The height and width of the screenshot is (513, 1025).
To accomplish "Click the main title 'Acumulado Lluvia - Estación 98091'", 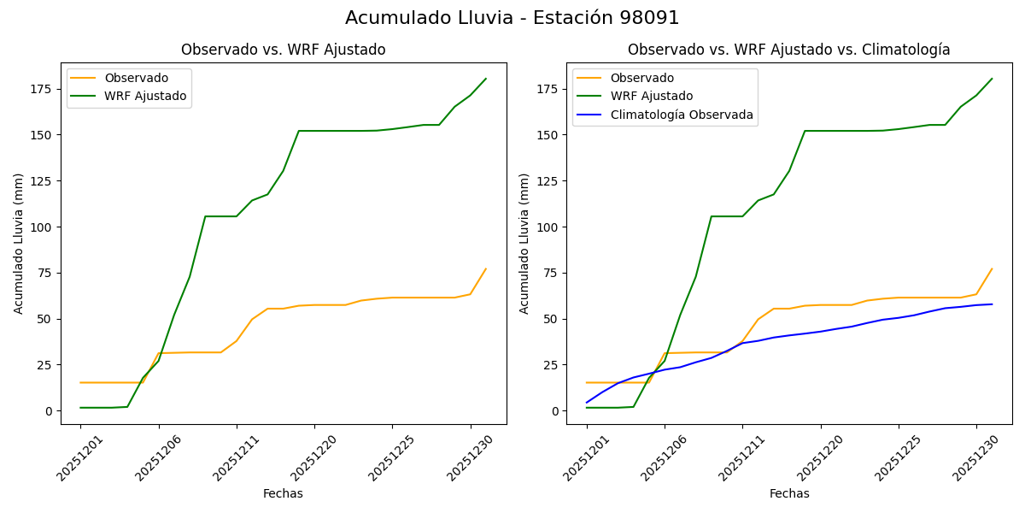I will [x=512, y=18].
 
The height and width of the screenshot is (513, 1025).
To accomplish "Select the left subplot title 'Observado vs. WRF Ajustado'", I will [x=283, y=50].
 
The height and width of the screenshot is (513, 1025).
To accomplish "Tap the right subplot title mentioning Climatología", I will [x=788, y=50].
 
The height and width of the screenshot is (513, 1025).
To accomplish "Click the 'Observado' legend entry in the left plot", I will [x=136, y=78].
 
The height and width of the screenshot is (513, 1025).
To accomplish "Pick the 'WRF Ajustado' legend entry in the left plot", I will [x=145, y=96].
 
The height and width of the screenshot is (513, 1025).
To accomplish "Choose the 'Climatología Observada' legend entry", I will [x=682, y=115].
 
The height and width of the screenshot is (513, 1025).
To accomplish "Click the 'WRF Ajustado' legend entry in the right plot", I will [x=651, y=96].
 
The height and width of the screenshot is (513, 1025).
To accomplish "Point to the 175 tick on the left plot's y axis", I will [x=44, y=89].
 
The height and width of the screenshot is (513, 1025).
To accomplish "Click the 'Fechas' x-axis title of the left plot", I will [x=283, y=493].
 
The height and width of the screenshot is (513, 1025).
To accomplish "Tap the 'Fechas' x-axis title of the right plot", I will [x=789, y=493].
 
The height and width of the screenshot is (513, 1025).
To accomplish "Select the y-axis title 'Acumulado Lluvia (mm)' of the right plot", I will [x=524, y=243].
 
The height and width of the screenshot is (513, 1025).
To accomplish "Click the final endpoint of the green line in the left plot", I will [x=486, y=79].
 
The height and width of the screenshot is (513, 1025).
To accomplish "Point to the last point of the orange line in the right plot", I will [x=992, y=268].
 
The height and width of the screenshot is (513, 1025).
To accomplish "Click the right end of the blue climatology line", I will [x=992, y=304].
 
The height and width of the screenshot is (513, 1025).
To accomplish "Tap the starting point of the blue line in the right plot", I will [x=587, y=402].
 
